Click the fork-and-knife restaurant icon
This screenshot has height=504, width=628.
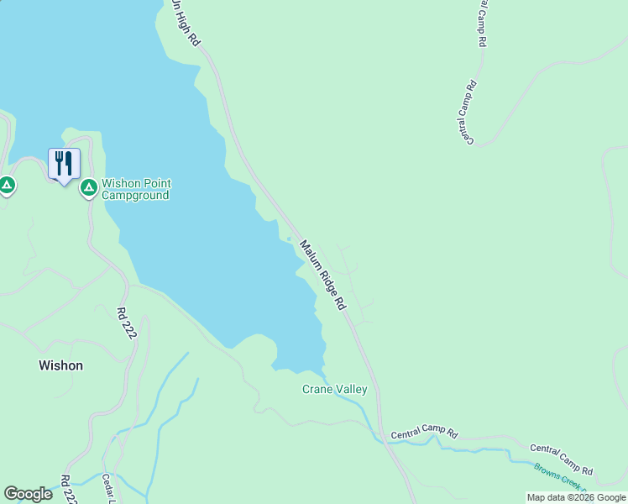64,163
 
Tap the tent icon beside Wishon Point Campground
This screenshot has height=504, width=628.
88,187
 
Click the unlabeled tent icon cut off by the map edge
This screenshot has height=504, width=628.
6,185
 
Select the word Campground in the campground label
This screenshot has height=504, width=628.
135,196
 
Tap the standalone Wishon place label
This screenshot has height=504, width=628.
60,365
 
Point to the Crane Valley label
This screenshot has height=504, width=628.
334,389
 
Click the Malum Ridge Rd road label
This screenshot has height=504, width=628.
323,272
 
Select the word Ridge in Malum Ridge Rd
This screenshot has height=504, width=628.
324,274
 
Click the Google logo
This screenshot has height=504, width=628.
28,494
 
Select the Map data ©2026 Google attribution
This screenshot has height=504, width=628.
577,497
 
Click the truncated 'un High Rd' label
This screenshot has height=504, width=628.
186,22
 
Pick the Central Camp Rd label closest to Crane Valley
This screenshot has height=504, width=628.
424,433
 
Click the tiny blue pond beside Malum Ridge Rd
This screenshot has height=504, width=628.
289,239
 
